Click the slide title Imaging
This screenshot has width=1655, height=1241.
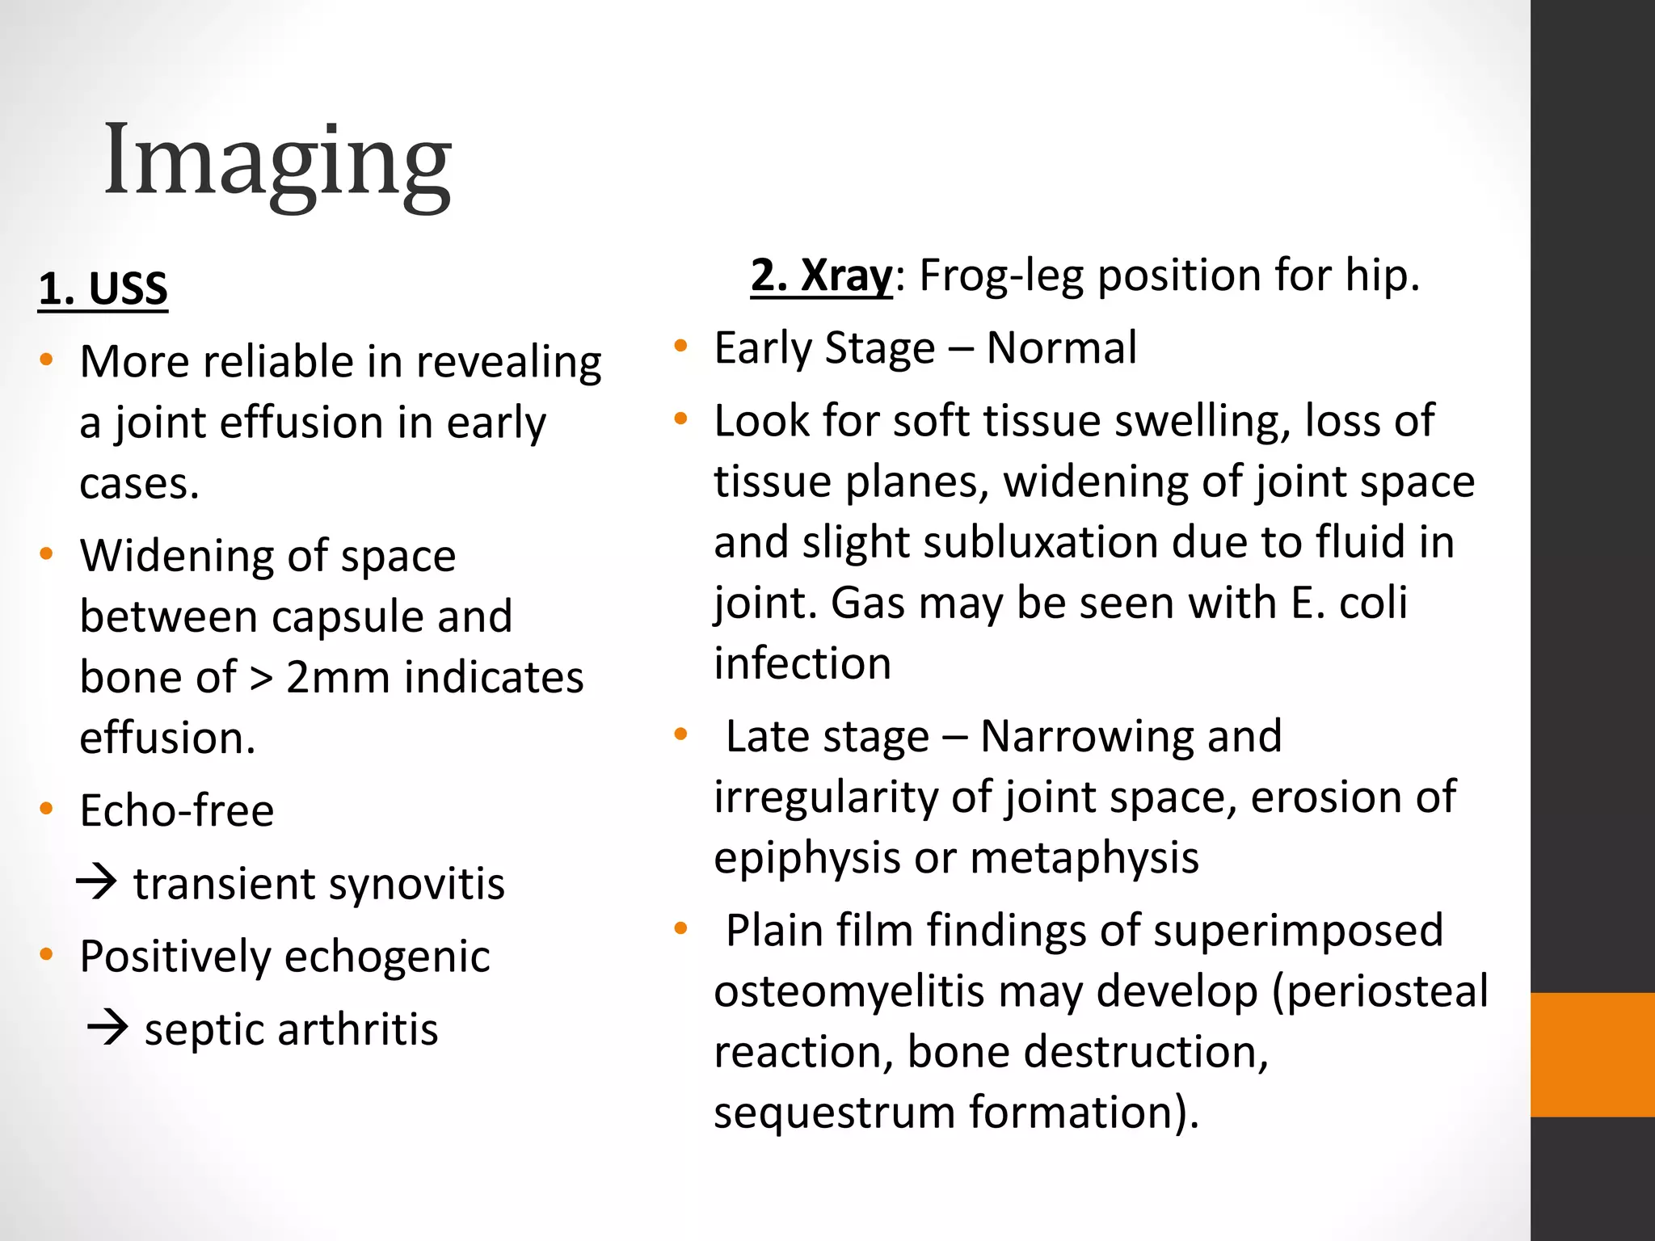pos(277,162)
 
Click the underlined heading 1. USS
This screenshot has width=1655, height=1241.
pos(103,289)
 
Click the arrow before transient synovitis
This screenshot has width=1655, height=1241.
pos(97,882)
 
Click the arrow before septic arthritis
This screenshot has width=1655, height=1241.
pos(107,1028)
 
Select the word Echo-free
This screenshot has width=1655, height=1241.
pos(177,810)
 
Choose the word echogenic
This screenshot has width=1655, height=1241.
pos(387,957)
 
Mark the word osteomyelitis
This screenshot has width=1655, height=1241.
pos(857,992)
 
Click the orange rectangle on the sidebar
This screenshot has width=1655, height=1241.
pos(1592,1054)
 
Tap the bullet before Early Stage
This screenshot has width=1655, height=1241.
pos(680,347)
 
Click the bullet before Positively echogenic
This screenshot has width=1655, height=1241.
pos(46,955)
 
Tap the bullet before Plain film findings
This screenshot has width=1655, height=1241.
pos(680,929)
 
